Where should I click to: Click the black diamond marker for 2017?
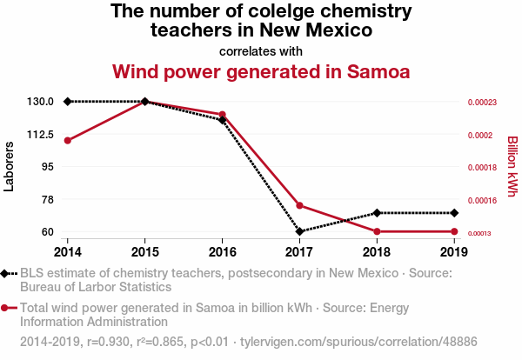[299, 232]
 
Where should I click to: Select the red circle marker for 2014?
[67, 140]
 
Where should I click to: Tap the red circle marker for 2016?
[222, 115]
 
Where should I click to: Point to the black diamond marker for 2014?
[67, 102]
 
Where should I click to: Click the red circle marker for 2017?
[299, 206]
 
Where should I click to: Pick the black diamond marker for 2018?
[377, 213]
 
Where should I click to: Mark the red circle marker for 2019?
[454, 232]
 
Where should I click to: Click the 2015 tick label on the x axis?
[144, 252]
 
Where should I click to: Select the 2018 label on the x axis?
[377, 252]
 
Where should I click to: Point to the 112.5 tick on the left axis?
[39, 135]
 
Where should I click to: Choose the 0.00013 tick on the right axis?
[482, 233]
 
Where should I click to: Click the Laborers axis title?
[10, 167]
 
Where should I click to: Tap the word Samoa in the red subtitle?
[373, 70]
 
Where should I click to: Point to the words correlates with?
[261, 50]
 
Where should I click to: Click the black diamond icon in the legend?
[7, 274]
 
